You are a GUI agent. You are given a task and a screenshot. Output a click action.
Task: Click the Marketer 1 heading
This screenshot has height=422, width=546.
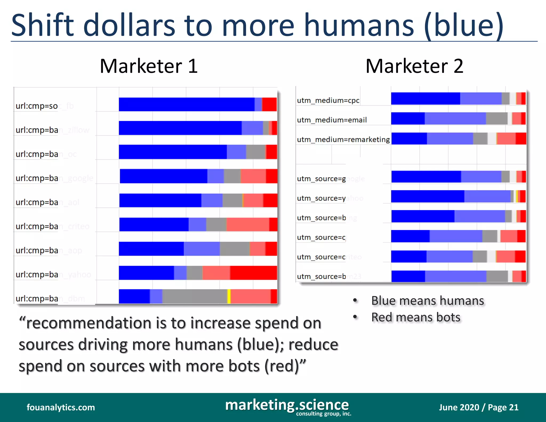[x=149, y=66]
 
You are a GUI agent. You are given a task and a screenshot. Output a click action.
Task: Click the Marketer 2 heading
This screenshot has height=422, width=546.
[x=414, y=66]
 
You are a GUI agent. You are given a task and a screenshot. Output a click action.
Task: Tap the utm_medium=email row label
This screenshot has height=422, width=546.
[x=332, y=120]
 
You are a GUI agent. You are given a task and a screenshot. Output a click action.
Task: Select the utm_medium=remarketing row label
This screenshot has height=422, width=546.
[x=343, y=140]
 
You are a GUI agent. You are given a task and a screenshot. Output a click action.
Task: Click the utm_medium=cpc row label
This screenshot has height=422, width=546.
[x=328, y=101]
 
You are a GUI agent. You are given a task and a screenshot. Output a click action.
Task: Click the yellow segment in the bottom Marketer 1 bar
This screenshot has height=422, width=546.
[x=229, y=296]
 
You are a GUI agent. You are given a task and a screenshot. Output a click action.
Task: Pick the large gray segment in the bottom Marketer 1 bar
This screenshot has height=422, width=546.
[x=195, y=296]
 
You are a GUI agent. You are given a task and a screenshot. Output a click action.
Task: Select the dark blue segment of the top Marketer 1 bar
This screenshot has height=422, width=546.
[x=187, y=104]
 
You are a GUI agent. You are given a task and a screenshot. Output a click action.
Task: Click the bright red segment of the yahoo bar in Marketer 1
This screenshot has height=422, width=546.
[x=254, y=273]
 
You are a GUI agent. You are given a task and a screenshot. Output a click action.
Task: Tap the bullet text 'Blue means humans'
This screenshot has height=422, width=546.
[x=427, y=301]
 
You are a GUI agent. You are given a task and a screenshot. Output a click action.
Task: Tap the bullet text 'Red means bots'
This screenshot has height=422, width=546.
[x=416, y=317]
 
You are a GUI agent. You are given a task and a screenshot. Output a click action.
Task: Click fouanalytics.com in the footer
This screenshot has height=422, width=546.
[x=61, y=407]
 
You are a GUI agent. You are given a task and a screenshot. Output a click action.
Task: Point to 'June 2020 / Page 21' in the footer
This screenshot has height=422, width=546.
[x=479, y=407]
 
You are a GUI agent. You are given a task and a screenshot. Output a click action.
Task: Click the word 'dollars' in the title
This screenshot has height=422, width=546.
[x=129, y=25]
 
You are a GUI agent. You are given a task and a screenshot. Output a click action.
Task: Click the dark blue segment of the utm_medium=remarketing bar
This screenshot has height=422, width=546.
[x=409, y=138]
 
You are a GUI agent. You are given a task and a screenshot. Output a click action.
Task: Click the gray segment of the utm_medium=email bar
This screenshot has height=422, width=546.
[x=496, y=118]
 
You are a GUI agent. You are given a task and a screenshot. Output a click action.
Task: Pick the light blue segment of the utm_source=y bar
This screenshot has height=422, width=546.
[x=487, y=196]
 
